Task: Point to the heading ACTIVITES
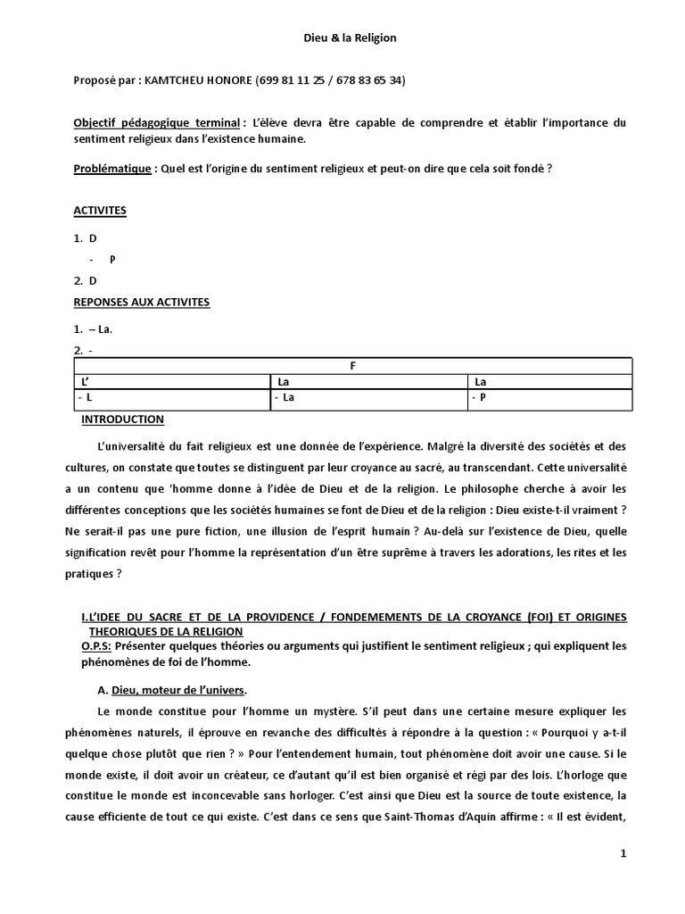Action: pos(99,211)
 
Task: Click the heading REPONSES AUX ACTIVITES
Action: pos(141,303)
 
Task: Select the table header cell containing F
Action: pos(352,366)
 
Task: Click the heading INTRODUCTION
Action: pos(123,419)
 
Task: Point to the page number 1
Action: pos(623,854)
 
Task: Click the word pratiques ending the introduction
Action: pos(93,575)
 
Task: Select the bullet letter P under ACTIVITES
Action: pos(112,259)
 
